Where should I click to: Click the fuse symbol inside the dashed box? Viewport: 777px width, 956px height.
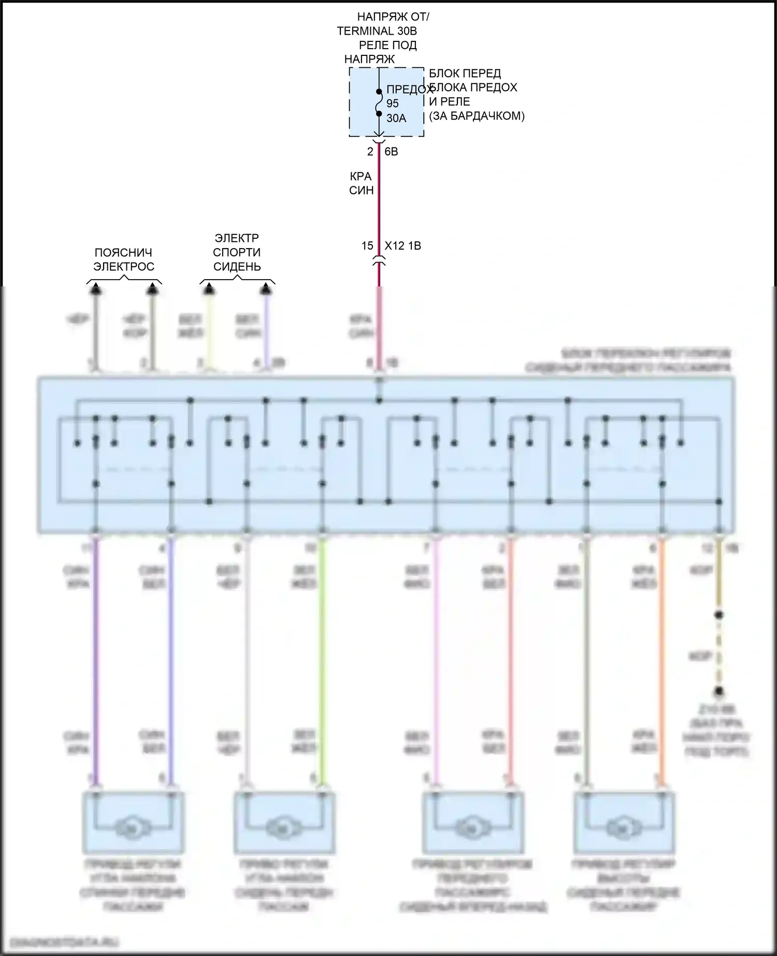coord(379,103)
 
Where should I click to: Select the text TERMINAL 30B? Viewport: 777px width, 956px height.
coord(377,31)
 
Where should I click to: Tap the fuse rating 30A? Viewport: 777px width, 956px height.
coord(396,118)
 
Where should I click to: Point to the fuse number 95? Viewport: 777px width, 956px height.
coord(393,104)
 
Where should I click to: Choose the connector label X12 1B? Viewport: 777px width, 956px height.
coord(402,245)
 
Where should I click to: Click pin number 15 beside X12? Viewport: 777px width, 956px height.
coord(367,245)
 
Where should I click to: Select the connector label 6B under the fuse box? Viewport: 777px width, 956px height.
coord(391,152)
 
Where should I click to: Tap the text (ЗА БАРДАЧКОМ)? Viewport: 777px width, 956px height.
coord(477,116)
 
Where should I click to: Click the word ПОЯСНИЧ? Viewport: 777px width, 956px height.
coord(123,253)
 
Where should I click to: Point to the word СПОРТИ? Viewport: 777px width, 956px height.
coord(237,253)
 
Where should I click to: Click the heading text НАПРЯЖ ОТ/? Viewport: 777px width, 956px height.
coord(393,17)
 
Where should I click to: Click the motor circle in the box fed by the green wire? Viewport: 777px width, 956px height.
coord(284,829)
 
